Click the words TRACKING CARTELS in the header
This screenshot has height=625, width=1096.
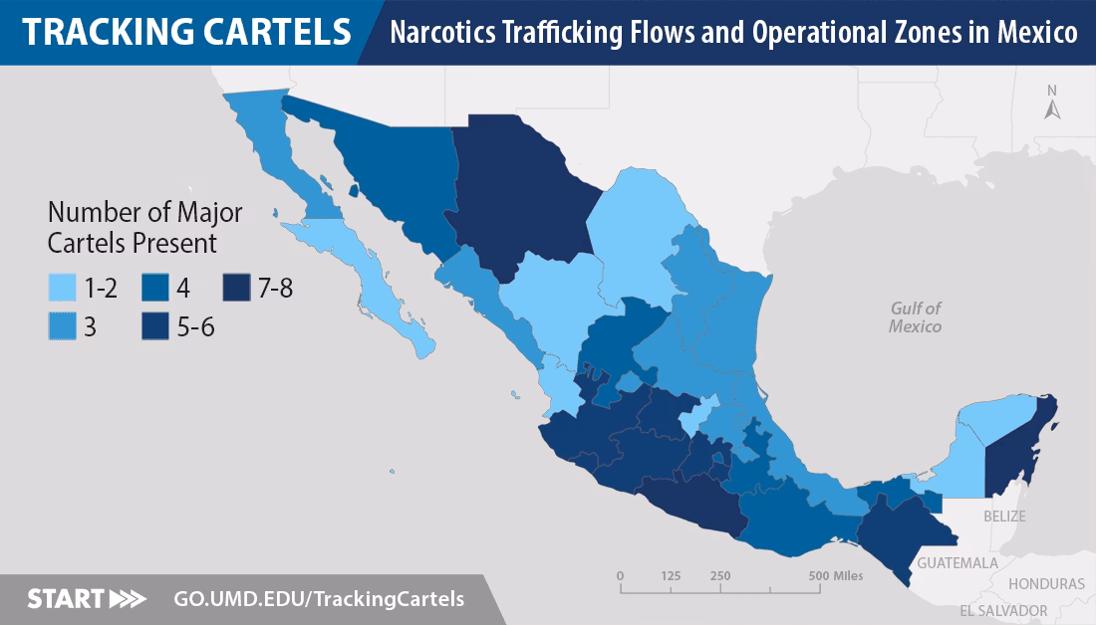[186, 32]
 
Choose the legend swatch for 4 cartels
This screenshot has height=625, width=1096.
[155, 289]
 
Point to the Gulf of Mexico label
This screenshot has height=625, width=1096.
[916, 317]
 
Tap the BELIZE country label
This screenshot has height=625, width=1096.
[1003, 517]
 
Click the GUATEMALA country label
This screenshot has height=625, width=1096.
[958, 563]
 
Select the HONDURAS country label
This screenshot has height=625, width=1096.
[1046, 584]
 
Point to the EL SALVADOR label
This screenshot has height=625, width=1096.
[1003, 610]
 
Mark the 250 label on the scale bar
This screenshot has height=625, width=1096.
[720, 575]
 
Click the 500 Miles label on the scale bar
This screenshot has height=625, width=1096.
[835, 575]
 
